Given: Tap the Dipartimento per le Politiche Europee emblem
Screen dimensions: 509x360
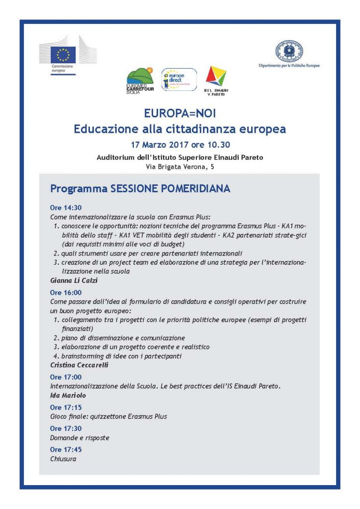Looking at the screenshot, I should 289,51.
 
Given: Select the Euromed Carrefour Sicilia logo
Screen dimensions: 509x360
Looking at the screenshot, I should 140,80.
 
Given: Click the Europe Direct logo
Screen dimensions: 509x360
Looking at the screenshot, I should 179,79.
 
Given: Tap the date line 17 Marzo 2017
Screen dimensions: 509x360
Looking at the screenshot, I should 180,146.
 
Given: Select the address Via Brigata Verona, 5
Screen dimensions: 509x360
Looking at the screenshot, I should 180,168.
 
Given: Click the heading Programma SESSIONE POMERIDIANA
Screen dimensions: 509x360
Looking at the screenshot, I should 140,189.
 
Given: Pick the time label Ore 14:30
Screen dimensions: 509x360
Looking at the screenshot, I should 66,208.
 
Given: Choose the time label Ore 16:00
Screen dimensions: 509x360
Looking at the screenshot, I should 66,292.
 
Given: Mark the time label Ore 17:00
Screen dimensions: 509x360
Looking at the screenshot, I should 66,377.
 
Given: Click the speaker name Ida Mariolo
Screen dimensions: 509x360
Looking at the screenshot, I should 68,395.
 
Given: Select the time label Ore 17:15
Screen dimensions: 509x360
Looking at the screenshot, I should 66,407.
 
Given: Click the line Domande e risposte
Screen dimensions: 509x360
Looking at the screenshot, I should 80,438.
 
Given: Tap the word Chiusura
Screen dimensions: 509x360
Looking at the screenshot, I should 63,459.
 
